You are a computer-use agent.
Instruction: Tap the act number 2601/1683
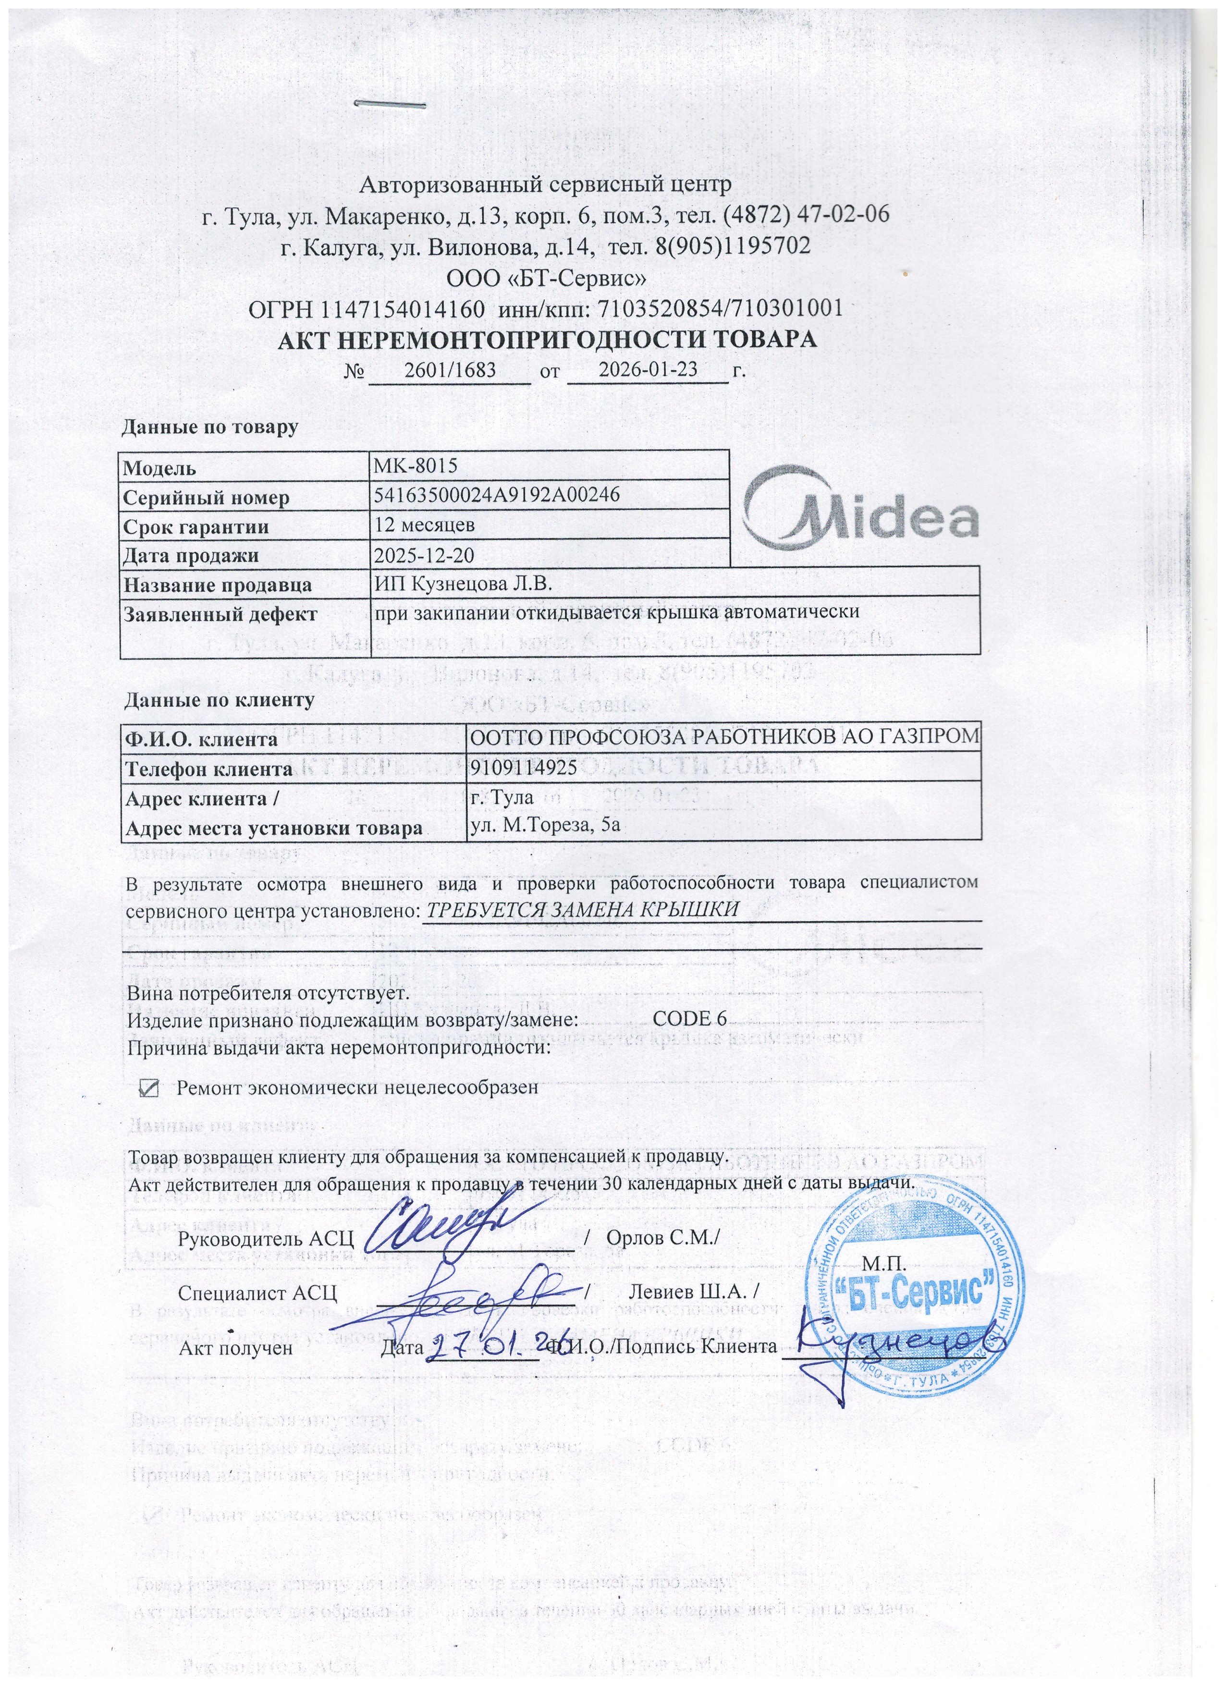450,369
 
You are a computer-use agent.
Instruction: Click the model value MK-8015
415,466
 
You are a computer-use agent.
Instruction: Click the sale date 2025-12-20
424,554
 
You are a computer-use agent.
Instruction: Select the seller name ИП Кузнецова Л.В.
464,583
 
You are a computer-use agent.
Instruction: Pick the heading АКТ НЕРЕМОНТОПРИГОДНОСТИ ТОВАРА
547,340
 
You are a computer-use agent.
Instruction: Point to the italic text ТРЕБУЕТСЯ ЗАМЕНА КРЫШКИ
579,909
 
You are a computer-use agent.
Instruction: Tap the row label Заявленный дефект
220,614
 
